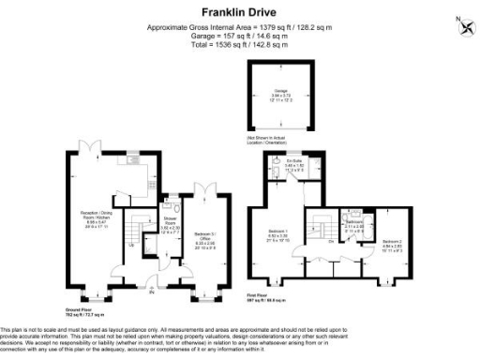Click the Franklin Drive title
(x=239, y=13)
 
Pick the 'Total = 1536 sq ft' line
(x=240, y=43)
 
